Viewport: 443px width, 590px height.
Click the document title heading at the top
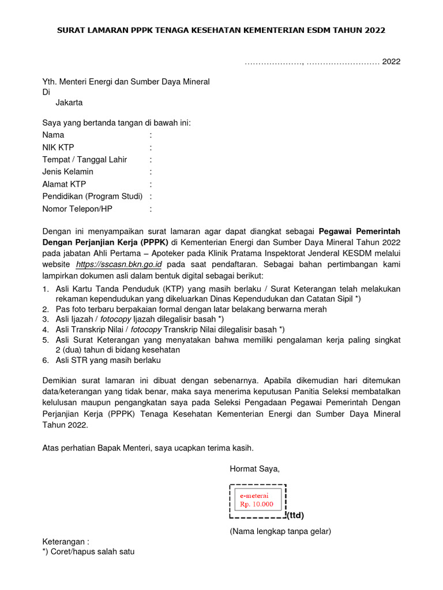221,30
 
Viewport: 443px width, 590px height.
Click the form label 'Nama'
53,135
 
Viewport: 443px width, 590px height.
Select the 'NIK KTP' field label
58,147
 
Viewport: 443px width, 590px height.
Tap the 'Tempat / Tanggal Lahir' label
85,160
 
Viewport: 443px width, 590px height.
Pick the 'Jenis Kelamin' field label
67,172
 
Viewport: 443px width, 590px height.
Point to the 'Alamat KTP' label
64,184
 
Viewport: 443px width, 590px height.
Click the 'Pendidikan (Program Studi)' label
92,196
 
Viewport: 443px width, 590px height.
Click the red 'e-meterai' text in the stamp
254,495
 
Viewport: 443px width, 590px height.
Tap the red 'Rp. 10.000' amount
257,504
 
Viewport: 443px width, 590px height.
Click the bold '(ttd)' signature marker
295,515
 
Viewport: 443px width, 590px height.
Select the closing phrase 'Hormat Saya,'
254,469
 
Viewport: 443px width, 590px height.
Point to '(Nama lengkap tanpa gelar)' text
280,531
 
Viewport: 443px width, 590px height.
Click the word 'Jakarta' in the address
69,103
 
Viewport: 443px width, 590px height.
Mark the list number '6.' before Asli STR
46,360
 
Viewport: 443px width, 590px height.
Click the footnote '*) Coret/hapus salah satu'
88,551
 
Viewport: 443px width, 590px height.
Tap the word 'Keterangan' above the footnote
64,542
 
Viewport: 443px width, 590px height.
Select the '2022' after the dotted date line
391,62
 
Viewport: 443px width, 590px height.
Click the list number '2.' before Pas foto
46,309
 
